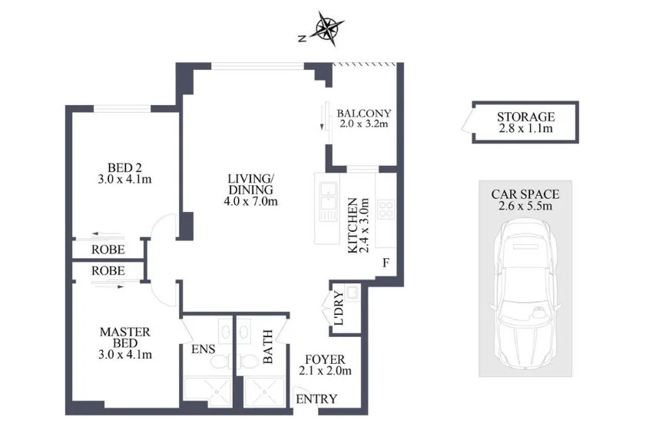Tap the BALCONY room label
[x=364, y=114]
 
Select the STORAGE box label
[x=525, y=117]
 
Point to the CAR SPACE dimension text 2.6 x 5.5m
[x=525, y=206]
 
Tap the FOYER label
[x=326, y=359]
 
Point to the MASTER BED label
[x=125, y=337]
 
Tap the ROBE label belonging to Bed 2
[x=108, y=250]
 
